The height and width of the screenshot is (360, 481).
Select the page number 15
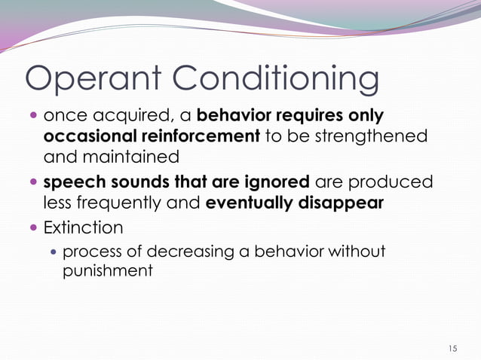(x=452, y=348)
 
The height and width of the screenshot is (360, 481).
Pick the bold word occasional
(x=91, y=137)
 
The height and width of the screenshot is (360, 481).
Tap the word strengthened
(x=366, y=137)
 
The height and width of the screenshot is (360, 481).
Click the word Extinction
(x=82, y=227)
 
